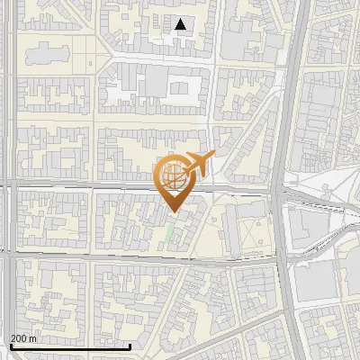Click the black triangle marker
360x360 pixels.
[x=181, y=24]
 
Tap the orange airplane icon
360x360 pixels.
[x=199, y=163]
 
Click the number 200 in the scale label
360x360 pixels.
[x=20, y=339]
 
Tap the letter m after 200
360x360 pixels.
[x=34, y=339]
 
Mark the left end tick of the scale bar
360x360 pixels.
[x=10, y=346]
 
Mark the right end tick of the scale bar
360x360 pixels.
[x=130, y=346]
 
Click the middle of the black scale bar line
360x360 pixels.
[x=70, y=347]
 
